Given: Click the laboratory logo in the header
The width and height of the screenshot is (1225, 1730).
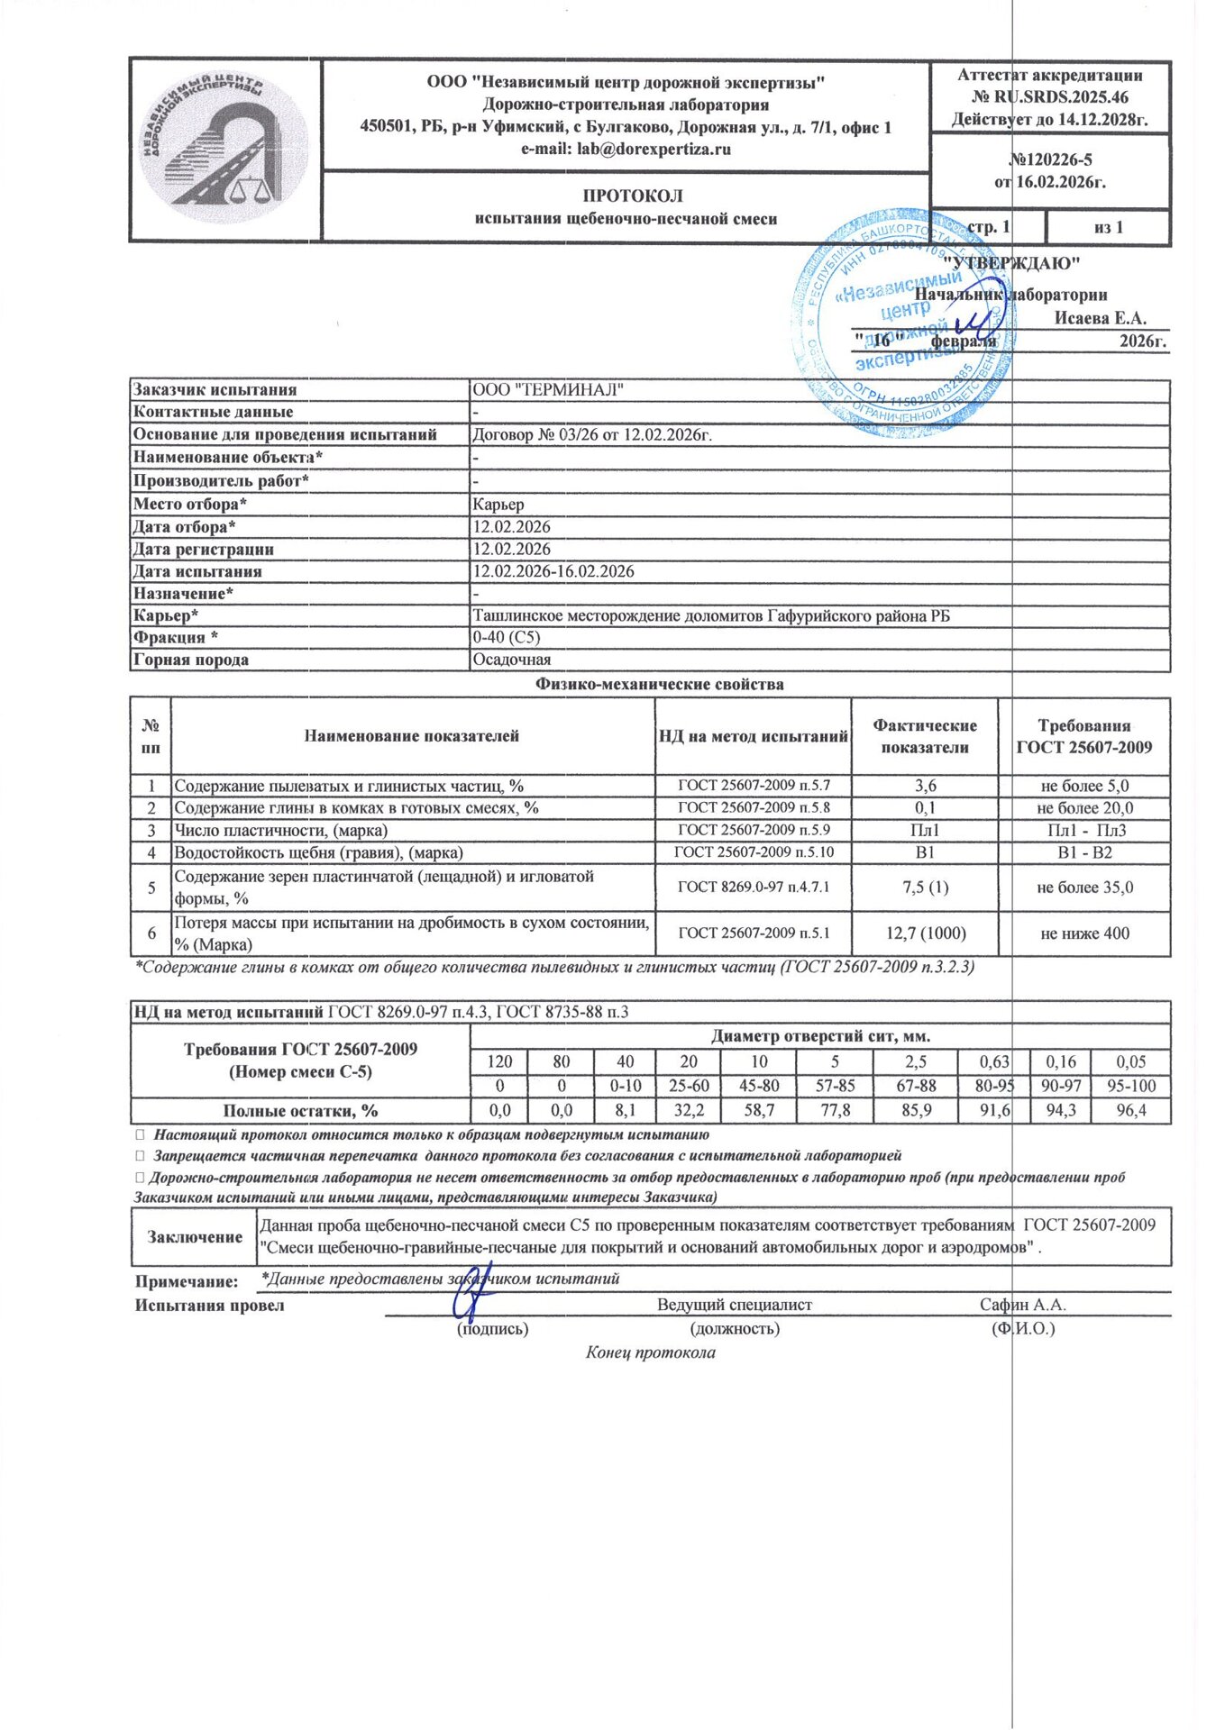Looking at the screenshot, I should [x=224, y=148].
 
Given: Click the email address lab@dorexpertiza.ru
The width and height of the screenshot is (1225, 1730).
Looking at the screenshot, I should [x=626, y=150].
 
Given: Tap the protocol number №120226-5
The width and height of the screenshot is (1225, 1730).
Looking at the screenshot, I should [x=1050, y=159].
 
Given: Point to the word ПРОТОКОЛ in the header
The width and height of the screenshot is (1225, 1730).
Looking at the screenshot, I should [x=632, y=196].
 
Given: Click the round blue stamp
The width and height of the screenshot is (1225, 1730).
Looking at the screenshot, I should [x=901, y=324].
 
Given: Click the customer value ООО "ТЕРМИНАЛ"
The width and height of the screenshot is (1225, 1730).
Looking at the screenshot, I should [x=548, y=390].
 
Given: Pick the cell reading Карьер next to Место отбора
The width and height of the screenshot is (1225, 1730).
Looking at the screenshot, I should [x=498, y=505].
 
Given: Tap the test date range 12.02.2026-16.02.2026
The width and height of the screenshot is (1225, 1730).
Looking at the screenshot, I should [x=553, y=571].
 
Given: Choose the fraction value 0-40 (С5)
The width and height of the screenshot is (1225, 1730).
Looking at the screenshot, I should [x=507, y=638].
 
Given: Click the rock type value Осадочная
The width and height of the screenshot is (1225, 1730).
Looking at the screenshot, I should [x=511, y=660].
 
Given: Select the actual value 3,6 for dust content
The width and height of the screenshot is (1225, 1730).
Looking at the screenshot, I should [x=925, y=786].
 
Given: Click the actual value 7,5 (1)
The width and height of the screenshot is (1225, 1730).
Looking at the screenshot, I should [x=925, y=888].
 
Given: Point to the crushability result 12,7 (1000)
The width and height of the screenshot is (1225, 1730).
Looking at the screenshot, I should [x=925, y=933].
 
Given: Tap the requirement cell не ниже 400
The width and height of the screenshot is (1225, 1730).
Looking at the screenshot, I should [x=1084, y=933].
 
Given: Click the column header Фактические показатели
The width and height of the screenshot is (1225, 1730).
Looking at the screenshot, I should [x=925, y=736].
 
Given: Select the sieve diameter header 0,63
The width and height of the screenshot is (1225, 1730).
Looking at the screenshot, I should [x=994, y=1061].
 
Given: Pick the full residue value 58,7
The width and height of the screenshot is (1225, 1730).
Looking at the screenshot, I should [x=760, y=1111].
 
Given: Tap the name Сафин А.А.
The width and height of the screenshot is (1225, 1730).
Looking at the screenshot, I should [x=1023, y=1305].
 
